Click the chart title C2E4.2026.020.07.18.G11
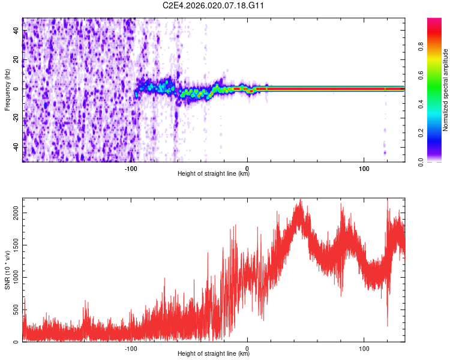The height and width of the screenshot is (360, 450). click(214, 5)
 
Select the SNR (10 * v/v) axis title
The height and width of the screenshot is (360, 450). click(7, 270)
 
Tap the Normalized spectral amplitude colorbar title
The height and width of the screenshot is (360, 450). click(446, 90)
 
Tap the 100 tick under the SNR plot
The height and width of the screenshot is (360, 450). click(364, 347)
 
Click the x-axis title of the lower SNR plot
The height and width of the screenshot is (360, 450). click(214, 354)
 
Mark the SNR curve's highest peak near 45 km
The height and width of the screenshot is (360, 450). click(300, 201)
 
